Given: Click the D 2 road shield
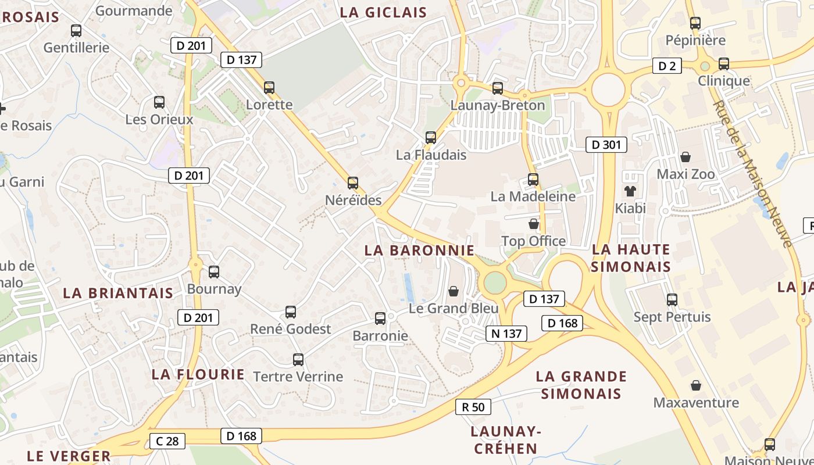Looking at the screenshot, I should tap(667, 66).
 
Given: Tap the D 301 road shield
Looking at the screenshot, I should tap(606, 145).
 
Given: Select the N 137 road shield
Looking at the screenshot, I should tap(506, 333).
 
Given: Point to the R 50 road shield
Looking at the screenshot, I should tap(473, 407).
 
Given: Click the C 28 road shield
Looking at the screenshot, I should tap(167, 441).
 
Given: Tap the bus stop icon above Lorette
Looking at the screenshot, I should tap(269, 88).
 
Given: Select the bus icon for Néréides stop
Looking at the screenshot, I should tap(352, 183).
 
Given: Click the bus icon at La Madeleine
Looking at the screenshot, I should tap(533, 179).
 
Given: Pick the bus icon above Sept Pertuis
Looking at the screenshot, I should tap(672, 300).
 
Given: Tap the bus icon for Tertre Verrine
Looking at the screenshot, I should tap(298, 359).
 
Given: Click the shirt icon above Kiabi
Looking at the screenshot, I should tap(630, 191).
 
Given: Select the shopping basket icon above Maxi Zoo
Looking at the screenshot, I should tap(686, 157).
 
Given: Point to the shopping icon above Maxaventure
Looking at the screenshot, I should tap(696, 385).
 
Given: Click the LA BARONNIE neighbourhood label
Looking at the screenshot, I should tap(419, 251).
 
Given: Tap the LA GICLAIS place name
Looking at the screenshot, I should tap(383, 12).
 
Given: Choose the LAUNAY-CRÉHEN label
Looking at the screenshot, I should tap(505, 440).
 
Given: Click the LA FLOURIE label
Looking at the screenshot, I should tap(198, 374).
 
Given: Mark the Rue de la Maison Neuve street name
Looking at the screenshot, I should tap(754, 173).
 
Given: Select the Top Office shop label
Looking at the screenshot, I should tap(533, 241).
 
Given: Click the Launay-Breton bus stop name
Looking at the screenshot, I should tap(498, 105).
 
